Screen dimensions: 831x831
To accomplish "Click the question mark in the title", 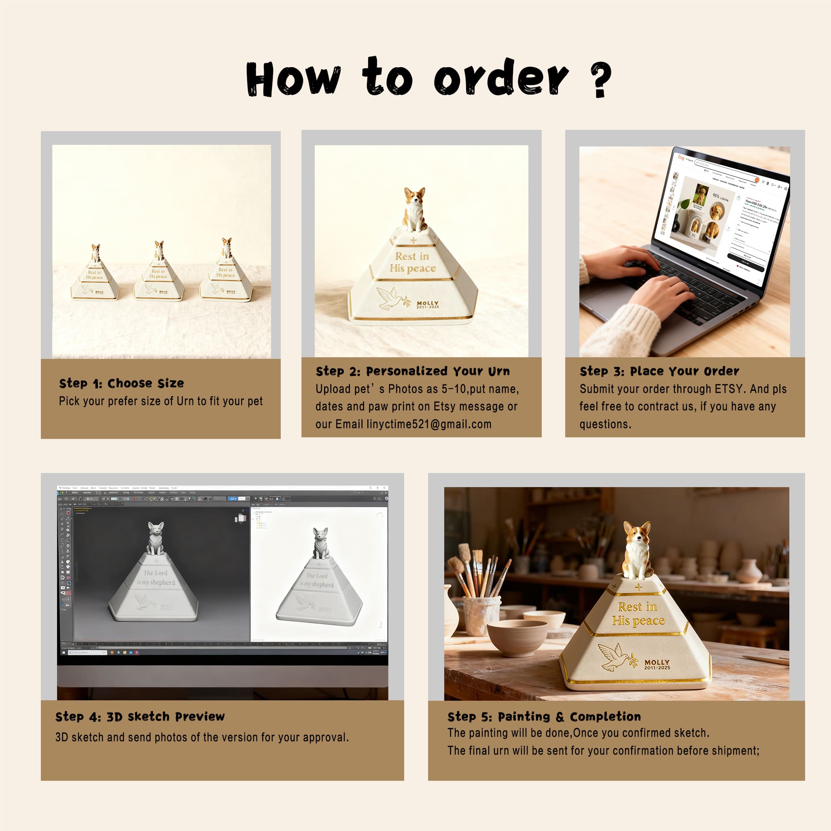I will (x=601, y=80).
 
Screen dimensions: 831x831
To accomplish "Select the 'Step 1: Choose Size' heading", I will (x=121, y=383).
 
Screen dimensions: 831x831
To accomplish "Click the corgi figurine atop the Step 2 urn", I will (x=414, y=209).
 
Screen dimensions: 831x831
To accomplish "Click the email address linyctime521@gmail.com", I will (x=429, y=424).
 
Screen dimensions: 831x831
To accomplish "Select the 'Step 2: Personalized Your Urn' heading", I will (x=413, y=371).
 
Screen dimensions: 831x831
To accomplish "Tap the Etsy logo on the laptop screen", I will (x=681, y=157).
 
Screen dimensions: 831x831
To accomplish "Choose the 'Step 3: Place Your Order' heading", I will (x=659, y=371).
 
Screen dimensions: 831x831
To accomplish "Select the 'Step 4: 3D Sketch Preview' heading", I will (x=140, y=717).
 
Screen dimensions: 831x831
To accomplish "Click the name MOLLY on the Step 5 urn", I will (x=656, y=662).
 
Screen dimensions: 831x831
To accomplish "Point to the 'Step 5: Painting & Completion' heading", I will (x=544, y=717).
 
